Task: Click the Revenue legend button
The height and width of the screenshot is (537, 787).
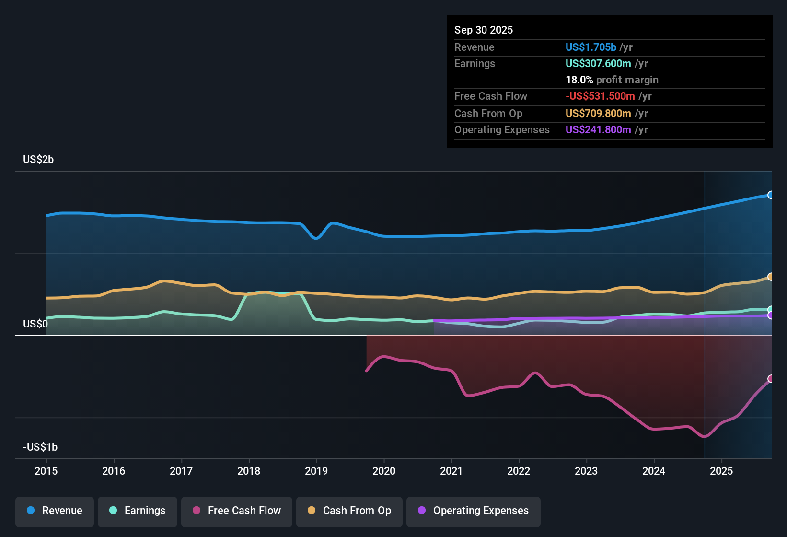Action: coord(55,511)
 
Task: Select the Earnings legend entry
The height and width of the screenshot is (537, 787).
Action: coord(138,511)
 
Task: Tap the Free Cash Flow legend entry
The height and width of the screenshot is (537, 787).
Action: coord(237,511)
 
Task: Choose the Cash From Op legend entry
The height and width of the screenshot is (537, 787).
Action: coord(349,511)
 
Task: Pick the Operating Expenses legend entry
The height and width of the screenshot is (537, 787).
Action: coord(474,511)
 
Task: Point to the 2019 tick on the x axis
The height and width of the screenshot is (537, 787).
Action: coord(316,471)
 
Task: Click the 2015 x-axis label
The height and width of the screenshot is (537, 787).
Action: coord(46,471)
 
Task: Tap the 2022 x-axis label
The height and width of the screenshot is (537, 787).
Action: coord(519,471)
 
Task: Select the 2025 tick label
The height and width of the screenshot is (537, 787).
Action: coord(721,471)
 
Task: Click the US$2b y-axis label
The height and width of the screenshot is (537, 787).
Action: coord(38,160)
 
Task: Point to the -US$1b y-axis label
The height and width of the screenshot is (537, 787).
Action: coord(40,447)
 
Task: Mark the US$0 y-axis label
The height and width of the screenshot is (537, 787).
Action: coord(35,324)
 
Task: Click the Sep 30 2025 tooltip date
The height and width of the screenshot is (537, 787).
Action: coord(484,30)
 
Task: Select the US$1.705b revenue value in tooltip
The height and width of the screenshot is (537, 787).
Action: coord(590,47)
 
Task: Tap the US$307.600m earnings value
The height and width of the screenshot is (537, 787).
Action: coord(598,64)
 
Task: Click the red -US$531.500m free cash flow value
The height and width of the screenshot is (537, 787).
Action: coord(600,96)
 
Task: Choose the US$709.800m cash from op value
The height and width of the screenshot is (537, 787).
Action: coord(598,114)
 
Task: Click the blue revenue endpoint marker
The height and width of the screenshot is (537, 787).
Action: coord(771,195)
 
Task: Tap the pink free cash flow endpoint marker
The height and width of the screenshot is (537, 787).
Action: coord(771,379)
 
